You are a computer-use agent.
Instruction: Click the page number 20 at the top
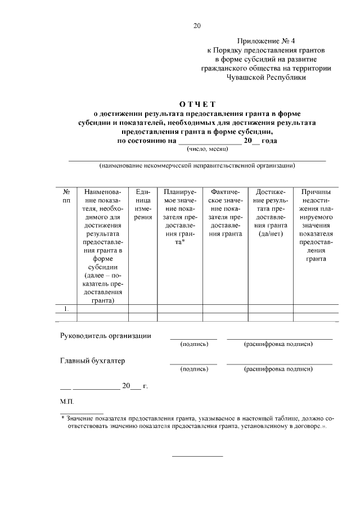click(197, 25)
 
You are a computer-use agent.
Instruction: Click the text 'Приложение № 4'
click(262, 41)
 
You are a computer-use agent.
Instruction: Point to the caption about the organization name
click(197, 166)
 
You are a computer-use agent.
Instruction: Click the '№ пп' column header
click(66, 196)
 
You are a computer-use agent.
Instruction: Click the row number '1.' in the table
click(66, 309)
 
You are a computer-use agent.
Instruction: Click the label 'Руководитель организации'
click(105, 336)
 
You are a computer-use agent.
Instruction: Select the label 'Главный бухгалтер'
click(92, 361)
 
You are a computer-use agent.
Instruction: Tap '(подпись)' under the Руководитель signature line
click(193, 344)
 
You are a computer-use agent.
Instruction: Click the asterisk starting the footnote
click(62, 418)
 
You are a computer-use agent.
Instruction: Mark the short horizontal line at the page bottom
click(197, 456)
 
